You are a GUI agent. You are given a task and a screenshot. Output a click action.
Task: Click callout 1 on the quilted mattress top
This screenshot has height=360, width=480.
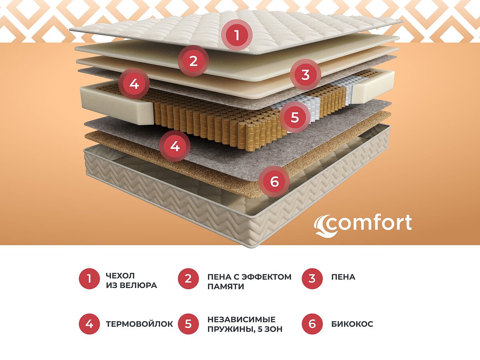point(236,35)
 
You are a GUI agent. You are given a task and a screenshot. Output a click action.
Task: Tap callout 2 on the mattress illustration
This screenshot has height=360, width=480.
point(194,61)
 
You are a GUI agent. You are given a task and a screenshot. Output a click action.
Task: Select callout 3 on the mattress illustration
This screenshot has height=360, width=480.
point(305,74)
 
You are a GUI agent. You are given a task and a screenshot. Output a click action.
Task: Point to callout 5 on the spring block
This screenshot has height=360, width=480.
point(295,118)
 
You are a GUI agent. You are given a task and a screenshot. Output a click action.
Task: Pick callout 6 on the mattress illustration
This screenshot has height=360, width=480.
point(274,181)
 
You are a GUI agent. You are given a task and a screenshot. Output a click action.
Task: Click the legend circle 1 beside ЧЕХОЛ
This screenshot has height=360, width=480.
point(89,278)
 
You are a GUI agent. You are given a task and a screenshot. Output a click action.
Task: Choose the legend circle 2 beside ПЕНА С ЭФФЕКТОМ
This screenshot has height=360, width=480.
point(188,278)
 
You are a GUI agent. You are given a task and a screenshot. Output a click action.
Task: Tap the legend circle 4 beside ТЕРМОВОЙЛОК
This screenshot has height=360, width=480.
point(89,324)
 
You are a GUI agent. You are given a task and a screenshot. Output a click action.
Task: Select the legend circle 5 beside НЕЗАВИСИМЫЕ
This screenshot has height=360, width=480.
point(188,324)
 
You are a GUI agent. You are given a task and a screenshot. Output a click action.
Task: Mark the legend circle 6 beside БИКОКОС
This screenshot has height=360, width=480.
point(312,324)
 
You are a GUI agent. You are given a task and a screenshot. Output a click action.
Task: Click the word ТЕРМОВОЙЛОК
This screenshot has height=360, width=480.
point(140,324)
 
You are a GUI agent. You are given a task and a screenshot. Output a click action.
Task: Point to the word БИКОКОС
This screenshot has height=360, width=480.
point(352,324)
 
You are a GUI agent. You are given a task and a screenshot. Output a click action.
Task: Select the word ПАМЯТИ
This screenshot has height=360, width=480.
point(226,287)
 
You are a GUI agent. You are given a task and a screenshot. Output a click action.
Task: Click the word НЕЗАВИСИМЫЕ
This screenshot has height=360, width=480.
point(242,319)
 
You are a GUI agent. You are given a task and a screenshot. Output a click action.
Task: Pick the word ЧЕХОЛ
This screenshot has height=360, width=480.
point(120,276)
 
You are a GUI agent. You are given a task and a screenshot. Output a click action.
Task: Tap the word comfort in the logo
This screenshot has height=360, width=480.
point(370,223)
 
